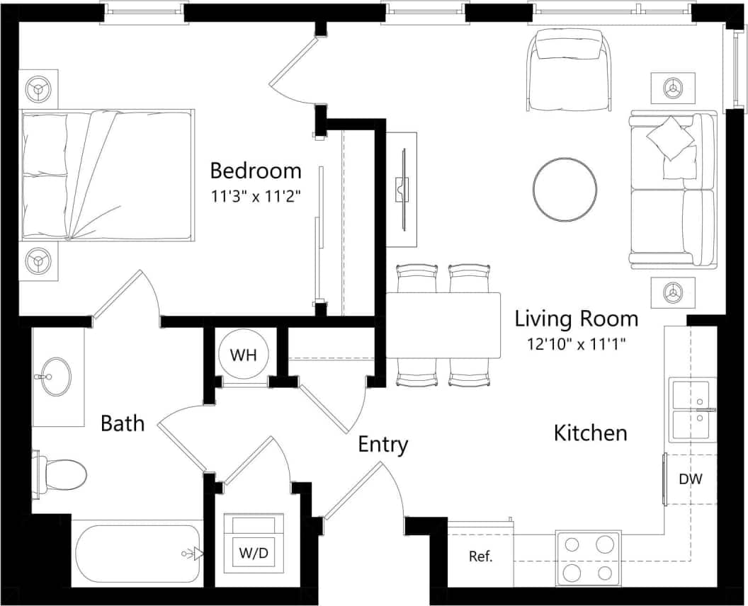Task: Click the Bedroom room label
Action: [256, 171]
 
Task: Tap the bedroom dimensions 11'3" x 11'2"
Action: [256, 196]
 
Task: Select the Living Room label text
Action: [576, 319]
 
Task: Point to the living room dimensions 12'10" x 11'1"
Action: [576, 344]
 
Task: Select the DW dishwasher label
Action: [690, 479]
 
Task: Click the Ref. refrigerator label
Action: [481, 556]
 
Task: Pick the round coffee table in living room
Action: [565, 189]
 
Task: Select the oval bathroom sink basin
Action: [52, 376]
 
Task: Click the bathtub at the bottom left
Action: [137, 554]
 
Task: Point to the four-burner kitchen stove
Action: [587, 558]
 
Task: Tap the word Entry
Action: [382, 445]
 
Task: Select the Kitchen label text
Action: [590, 433]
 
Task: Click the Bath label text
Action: [123, 423]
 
